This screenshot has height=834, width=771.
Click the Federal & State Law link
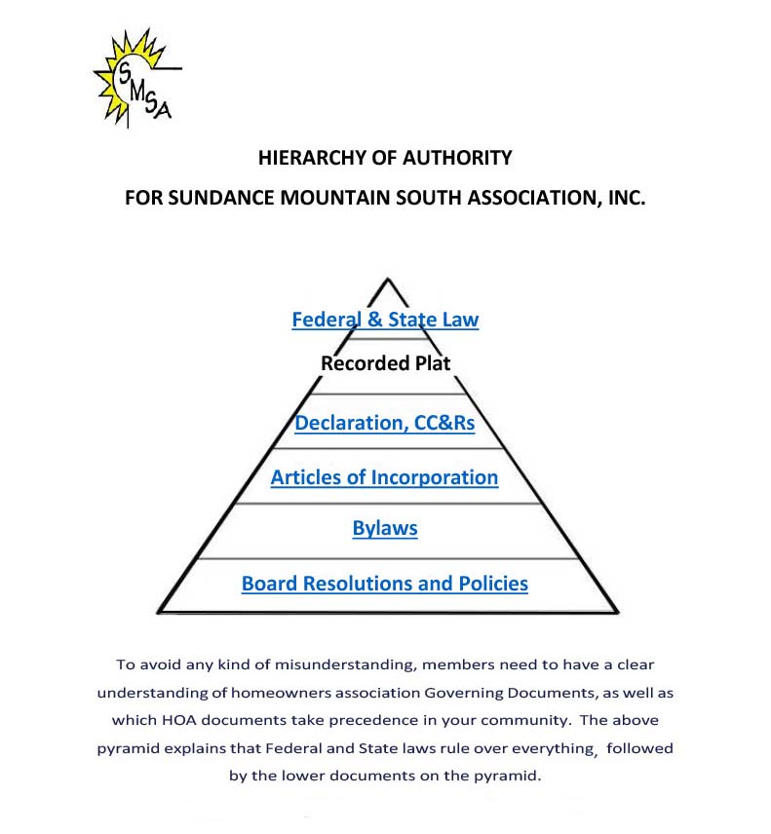pyautogui.click(x=385, y=320)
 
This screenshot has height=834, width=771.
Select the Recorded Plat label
pyautogui.click(x=386, y=364)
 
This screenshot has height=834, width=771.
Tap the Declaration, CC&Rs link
pyautogui.click(x=385, y=424)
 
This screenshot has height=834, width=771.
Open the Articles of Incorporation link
pyautogui.click(x=384, y=477)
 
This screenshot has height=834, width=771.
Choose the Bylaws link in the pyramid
pyautogui.click(x=385, y=529)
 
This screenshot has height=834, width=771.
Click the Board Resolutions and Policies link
pyautogui.click(x=385, y=584)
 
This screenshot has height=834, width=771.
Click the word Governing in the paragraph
pyautogui.click(x=474, y=694)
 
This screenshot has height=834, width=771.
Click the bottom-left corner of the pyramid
pyautogui.click(x=160, y=612)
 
